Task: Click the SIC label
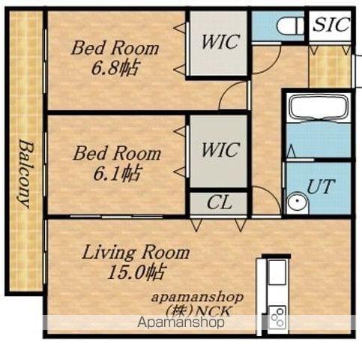331,24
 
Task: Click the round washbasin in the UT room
298,202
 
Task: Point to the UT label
320,187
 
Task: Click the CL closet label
219,202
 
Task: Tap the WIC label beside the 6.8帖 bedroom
220,41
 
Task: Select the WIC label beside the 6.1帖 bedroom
220,150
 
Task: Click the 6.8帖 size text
115,68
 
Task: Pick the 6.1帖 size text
116,173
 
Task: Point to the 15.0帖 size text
137,272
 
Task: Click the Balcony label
25,174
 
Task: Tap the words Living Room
136,252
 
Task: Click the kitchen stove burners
277,317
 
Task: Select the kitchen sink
277,272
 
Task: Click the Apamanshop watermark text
181,322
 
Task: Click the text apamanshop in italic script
197,298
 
